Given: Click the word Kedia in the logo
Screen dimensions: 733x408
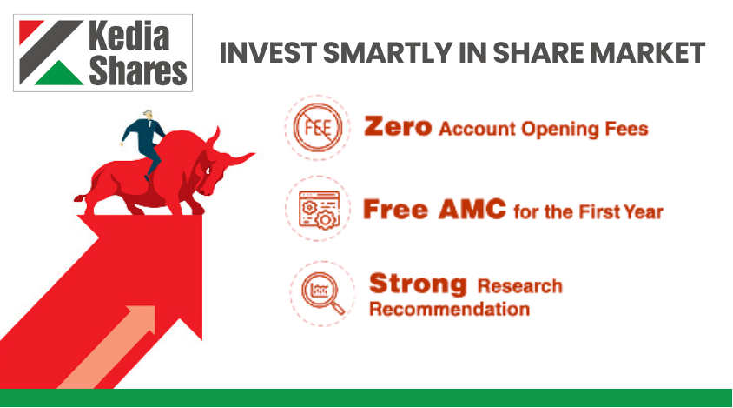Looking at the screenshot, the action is (129, 35).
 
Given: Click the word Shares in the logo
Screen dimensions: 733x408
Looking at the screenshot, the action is (138, 70).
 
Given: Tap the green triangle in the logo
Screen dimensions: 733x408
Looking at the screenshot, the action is (59, 75).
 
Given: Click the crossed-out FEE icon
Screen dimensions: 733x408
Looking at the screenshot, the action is (318, 127).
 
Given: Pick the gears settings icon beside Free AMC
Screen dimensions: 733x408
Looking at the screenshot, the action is (319, 209).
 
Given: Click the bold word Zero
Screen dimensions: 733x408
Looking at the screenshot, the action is (398, 127).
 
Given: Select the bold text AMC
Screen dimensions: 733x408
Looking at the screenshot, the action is (472, 209).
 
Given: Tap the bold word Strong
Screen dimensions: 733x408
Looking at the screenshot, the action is (418, 284).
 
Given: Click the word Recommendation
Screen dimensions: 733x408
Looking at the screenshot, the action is (449, 309).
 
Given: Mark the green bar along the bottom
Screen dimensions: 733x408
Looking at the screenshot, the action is (366, 398).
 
